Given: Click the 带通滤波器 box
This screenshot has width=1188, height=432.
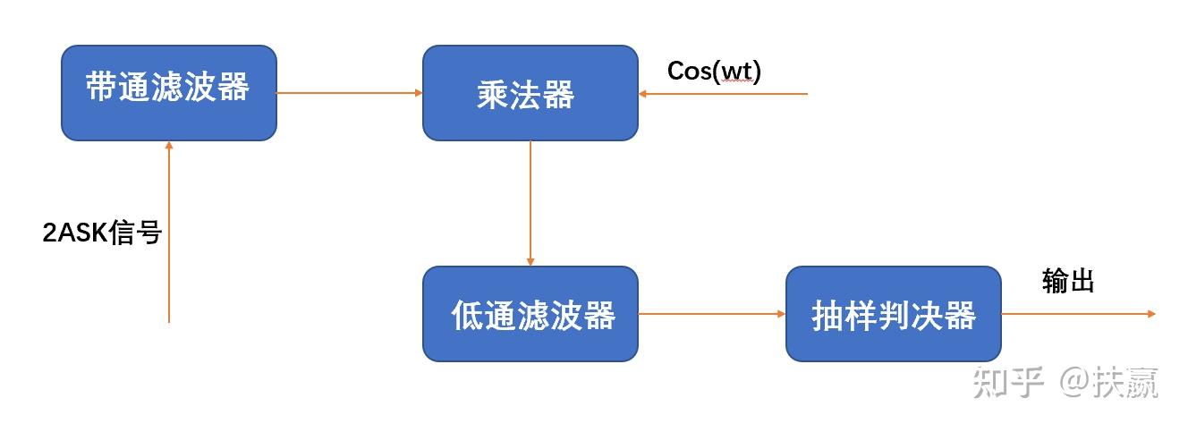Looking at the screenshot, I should click(x=168, y=92).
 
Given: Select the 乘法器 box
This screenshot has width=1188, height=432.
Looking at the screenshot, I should click(x=530, y=93).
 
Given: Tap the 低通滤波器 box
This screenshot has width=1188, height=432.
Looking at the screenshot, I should click(x=530, y=313).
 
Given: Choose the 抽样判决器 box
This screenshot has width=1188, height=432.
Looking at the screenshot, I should click(x=893, y=313).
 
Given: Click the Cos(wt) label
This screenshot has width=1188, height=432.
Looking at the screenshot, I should click(x=714, y=72).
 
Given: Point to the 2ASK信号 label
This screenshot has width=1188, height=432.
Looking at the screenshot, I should click(x=102, y=233).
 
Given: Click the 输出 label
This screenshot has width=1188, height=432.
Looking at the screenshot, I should click(x=1068, y=282).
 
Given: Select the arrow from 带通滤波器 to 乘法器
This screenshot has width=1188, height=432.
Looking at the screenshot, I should click(x=349, y=92).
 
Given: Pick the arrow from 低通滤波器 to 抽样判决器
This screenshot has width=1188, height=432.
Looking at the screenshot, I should click(x=711, y=314).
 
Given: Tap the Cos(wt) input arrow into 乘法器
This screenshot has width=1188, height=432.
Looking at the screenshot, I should click(x=723, y=93).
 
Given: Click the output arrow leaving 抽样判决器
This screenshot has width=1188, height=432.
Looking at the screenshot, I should click(x=1078, y=314).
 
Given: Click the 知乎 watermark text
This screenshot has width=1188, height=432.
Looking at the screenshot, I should click(x=1008, y=383).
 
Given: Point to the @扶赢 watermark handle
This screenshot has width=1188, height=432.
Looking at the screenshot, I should click(x=1109, y=383).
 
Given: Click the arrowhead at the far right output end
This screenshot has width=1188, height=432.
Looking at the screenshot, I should click(x=1151, y=314).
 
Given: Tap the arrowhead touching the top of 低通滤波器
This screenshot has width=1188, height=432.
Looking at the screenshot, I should click(x=530, y=261).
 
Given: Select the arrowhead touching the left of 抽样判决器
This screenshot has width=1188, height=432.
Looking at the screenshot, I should click(x=781, y=314).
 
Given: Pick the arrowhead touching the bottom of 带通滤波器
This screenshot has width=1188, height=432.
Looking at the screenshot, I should click(x=168, y=145).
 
